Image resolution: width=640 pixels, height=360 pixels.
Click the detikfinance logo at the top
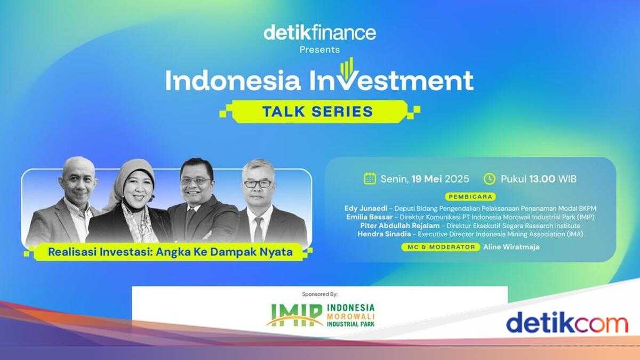(x=319, y=33)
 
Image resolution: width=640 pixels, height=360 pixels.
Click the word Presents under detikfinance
(x=319, y=50)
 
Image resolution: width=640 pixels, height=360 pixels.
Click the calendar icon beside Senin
(x=370, y=178)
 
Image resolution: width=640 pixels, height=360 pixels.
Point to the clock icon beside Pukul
(x=489, y=178)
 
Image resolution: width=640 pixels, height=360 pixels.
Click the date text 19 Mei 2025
(x=439, y=179)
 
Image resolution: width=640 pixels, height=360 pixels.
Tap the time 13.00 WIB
(x=553, y=179)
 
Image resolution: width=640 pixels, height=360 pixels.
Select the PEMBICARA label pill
(x=470, y=197)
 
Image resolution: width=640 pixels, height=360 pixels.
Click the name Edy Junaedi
(x=366, y=208)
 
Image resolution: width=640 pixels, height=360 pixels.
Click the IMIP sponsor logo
(x=320, y=315)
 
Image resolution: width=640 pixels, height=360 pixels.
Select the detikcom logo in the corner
(x=566, y=323)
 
